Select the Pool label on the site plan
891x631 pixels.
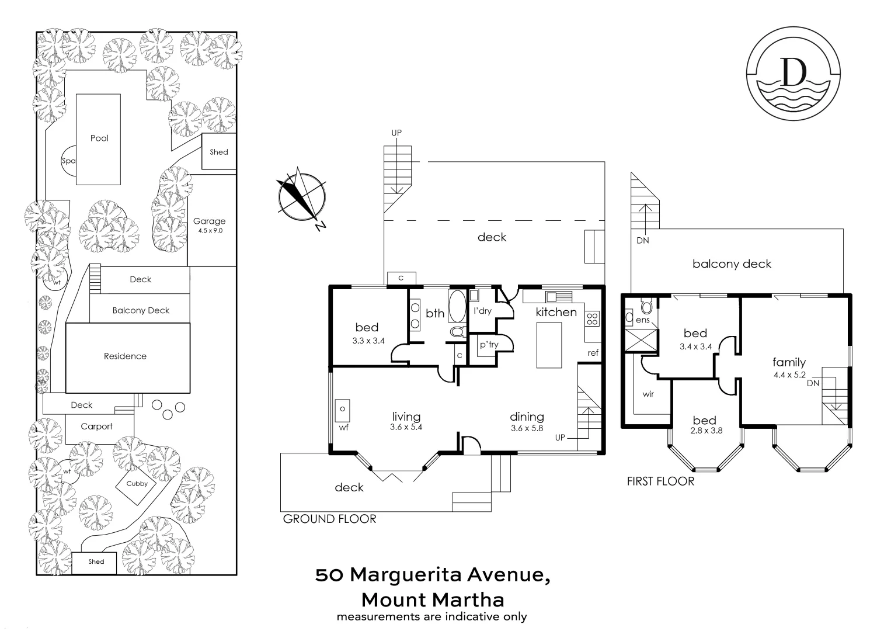pos(99,138)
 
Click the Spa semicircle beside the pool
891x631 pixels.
pos(68,161)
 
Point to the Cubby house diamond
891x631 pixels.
pos(137,484)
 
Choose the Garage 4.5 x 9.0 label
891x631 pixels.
pos(209,225)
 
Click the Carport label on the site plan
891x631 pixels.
pos(96,427)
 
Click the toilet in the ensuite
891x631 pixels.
pos(646,306)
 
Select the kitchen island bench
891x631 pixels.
pos(549,345)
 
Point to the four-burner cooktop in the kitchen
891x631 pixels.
pos(592,318)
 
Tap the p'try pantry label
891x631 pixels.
pos(489,345)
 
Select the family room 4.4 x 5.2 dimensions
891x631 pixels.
pos(789,375)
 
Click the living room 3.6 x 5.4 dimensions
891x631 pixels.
pos(406,428)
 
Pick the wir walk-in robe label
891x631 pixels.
pos(648,394)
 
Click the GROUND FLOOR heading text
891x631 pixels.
pos(329,519)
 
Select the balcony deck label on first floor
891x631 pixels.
pos(732,264)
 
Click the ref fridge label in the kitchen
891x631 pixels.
pos(593,353)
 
